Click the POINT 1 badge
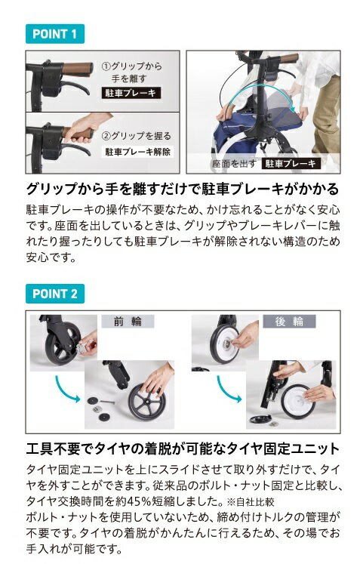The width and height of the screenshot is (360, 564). (x=55, y=34)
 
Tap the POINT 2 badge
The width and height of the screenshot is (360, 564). (x=55, y=294)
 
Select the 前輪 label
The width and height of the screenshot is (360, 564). (x=128, y=321)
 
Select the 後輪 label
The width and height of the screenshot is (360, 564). (x=289, y=321)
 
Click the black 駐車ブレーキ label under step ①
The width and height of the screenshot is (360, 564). (x=131, y=93)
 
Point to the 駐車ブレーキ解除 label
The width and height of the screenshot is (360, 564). (x=137, y=152)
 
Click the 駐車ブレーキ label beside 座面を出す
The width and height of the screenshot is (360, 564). (x=291, y=164)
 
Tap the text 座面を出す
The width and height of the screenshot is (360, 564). (x=234, y=164)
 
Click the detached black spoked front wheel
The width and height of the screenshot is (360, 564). (x=147, y=402)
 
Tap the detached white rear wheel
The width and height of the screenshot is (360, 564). (x=298, y=402)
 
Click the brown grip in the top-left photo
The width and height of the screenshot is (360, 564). (x=78, y=69)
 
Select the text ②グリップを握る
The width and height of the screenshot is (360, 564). (x=137, y=136)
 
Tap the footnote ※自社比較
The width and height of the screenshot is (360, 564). (x=251, y=501)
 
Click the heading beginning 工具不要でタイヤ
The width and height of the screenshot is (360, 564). (x=183, y=448)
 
